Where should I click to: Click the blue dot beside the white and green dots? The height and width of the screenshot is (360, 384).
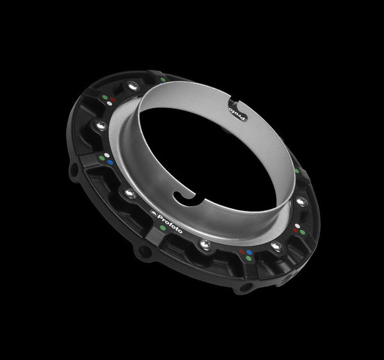click(x=110, y=162)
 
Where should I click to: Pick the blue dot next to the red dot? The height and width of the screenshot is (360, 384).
click(x=249, y=252)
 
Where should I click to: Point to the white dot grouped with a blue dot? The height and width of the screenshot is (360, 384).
click(x=106, y=155)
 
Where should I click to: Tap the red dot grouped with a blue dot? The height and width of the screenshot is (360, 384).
click(x=242, y=252)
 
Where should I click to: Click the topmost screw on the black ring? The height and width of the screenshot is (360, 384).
click(x=132, y=85)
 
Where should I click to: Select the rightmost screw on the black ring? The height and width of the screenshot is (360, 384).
click(x=301, y=202)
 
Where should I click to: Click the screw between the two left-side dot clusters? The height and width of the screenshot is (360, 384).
click(x=100, y=126)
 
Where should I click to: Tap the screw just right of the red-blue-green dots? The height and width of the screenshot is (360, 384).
click(x=276, y=246)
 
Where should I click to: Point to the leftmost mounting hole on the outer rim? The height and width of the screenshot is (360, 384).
click(x=74, y=171)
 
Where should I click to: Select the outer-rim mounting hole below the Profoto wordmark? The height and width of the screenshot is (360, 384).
click(x=145, y=251)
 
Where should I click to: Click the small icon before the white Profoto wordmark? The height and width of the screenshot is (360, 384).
click(x=153, y=211)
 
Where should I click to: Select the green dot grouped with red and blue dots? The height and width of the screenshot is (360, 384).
click(x=248, y=259)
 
